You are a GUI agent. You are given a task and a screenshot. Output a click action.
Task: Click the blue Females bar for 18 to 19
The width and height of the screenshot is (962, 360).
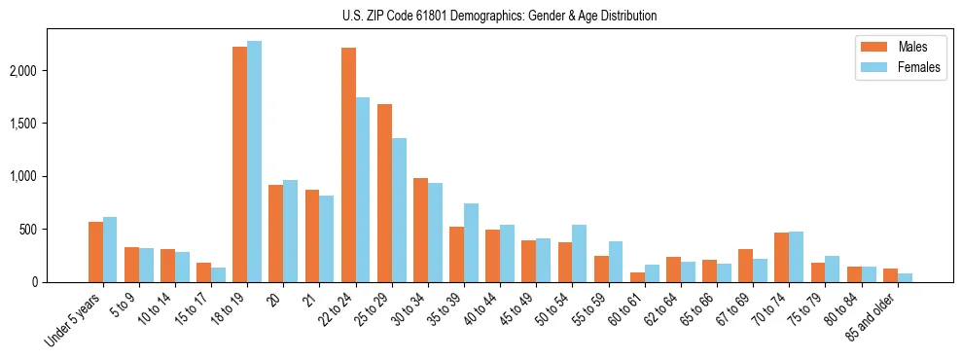click(254, 162)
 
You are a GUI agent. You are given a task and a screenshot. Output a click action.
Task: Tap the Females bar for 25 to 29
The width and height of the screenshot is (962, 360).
click(399, 210)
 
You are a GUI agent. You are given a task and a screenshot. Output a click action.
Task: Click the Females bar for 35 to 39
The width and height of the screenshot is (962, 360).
click(471, 243)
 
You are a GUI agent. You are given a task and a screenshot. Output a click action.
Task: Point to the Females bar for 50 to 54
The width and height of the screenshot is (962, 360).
click(580, 254)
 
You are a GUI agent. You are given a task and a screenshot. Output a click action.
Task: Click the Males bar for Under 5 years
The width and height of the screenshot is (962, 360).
click(95, 252)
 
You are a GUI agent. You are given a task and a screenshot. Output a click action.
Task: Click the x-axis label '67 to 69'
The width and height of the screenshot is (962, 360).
click(732, 310)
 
